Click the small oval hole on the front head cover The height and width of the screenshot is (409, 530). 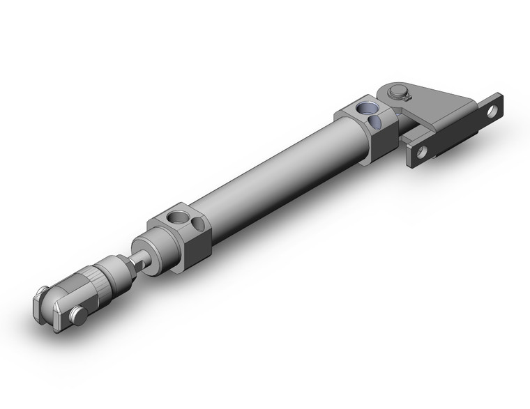pyautogui.click(x=199, y=224)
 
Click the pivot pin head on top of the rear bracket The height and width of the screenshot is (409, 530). pyautogui.click(x=398, y=90)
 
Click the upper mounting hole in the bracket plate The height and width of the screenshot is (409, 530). pyautogui.click(x=492, y=109)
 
